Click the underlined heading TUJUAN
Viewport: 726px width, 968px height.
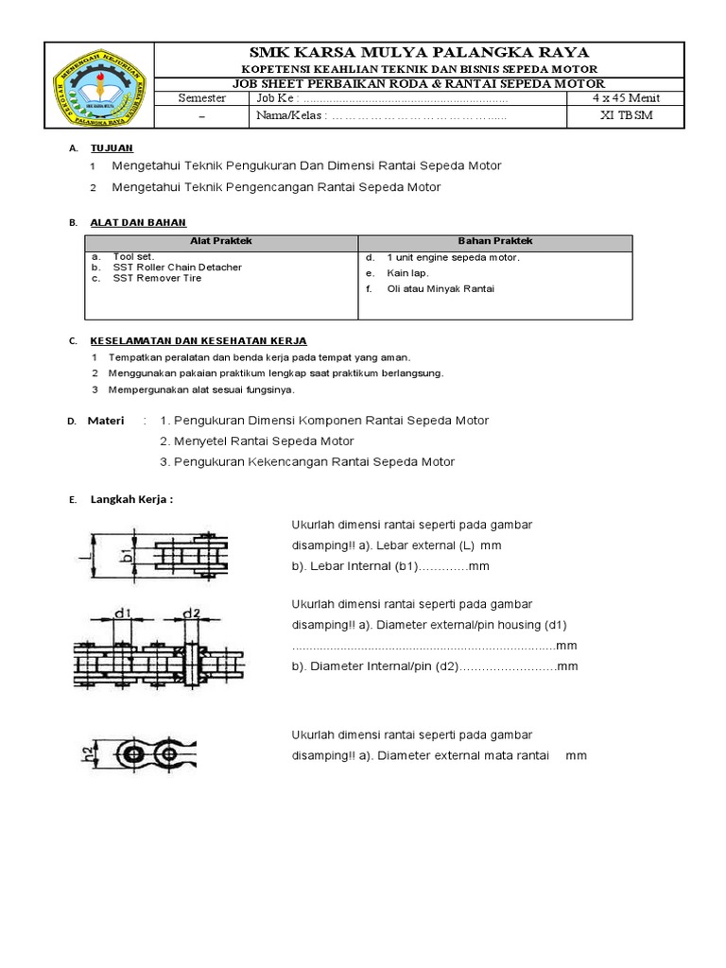click(x=112, y=148)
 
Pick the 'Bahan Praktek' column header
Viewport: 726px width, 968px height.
click(x=494, y=242)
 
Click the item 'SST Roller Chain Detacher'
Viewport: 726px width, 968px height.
click(x=177, y=268)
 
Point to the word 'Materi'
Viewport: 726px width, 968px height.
click(x=106, y=421)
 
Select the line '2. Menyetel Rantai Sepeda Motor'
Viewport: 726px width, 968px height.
click(x=257, y=441)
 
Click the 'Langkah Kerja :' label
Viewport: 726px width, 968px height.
click(x=131, y=499)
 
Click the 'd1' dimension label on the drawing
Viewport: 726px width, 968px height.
click(x=121, y=613)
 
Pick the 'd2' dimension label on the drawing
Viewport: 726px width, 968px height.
click(x=190, y=613)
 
